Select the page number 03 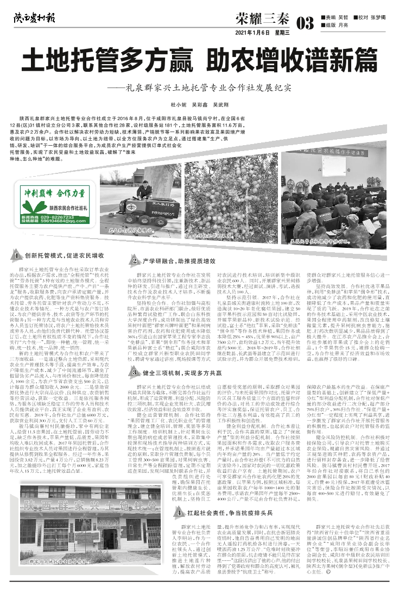pyautogui.click(x=305, y=23)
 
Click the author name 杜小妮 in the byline pyautogui.click(x=178, y=103)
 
